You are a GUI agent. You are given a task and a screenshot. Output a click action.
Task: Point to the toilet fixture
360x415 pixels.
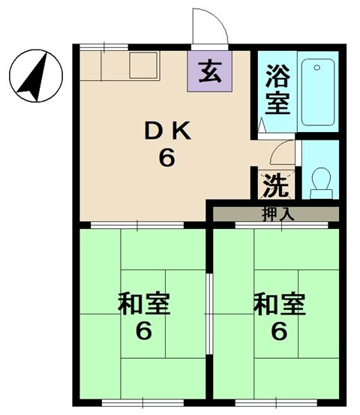click(x=321, y=181)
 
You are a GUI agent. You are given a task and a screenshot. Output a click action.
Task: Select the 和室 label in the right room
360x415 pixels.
click(x=278, y=305)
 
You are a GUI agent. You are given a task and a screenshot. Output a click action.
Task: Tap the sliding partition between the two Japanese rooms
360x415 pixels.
click(x=209, y=300)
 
